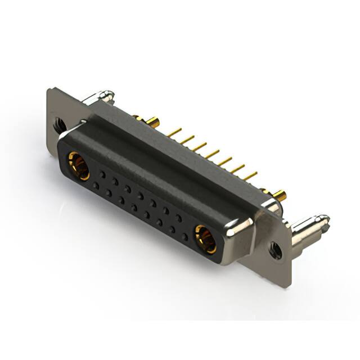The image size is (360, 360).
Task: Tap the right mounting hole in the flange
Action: coord(276,250)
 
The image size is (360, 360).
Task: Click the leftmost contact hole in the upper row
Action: coord(102,175)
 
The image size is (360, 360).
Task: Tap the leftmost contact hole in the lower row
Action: coord(96,185)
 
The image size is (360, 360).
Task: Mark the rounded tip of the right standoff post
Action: coord(325,217)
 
